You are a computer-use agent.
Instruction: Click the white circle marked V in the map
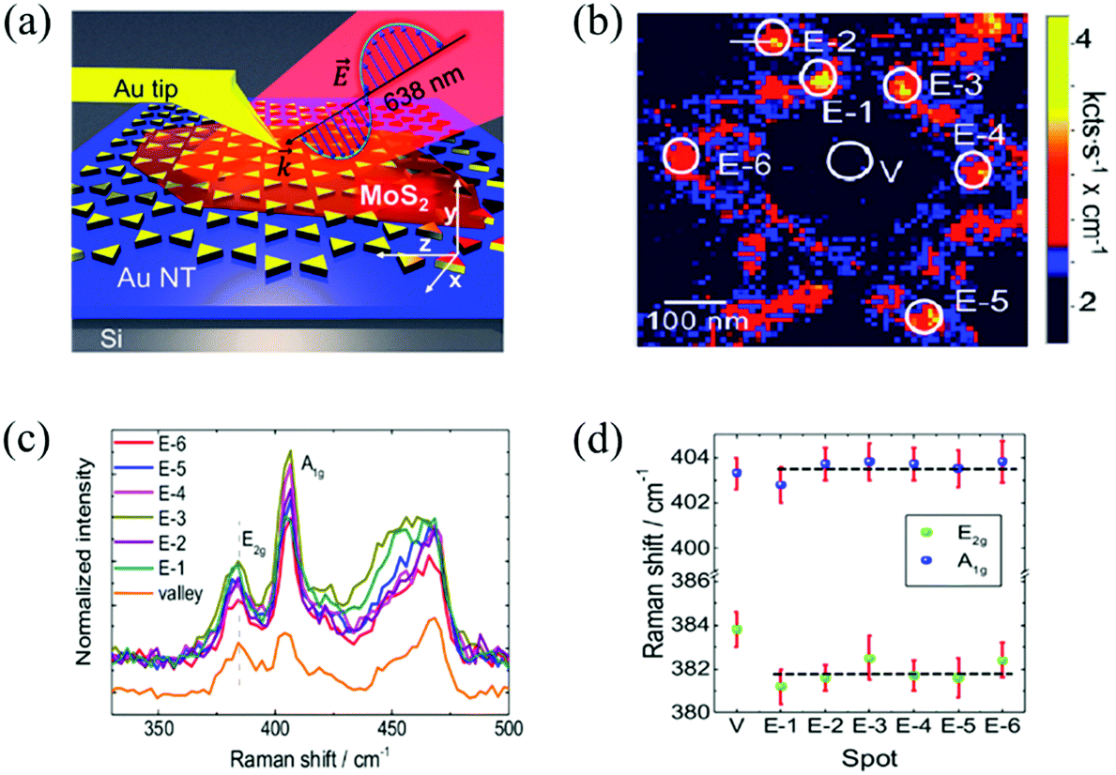(848, 160)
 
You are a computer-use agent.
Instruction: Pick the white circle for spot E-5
(924, 316)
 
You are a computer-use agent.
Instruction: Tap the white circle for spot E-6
(681, 157)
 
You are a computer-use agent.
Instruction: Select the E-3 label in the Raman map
(955, 86)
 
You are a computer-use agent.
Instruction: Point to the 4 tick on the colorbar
(1082, 40)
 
